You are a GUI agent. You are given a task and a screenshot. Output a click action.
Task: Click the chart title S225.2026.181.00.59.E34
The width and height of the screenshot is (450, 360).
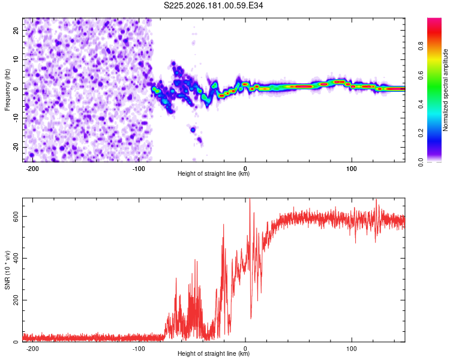213,5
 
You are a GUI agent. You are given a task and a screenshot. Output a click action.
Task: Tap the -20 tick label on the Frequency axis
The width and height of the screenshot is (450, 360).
16,147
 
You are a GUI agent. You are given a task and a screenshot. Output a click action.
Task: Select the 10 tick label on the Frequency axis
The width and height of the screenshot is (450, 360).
16,60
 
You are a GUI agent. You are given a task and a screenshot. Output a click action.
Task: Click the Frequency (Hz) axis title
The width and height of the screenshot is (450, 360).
7,90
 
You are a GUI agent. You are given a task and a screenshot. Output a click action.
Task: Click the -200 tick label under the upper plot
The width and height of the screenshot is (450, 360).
32,169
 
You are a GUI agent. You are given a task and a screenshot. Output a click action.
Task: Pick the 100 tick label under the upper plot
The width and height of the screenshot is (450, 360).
351,169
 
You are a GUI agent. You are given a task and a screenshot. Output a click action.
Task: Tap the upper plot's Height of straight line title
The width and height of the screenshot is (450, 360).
214,173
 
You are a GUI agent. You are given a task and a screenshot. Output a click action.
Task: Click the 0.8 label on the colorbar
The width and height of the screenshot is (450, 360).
421,46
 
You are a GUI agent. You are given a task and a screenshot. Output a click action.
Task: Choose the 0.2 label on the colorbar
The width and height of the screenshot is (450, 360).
421,133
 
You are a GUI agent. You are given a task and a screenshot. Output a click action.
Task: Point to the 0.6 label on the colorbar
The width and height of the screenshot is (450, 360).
421,75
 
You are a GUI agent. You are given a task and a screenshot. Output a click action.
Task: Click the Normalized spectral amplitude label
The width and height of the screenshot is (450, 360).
445,90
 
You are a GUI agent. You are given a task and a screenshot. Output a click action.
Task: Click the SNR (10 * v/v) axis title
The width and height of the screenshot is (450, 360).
7,270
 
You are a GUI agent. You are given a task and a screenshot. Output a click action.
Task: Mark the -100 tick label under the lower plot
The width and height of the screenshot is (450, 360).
139,349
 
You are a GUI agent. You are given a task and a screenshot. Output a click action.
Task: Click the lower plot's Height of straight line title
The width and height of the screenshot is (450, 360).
214,353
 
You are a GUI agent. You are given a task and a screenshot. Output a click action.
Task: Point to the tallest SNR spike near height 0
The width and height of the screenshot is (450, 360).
250,199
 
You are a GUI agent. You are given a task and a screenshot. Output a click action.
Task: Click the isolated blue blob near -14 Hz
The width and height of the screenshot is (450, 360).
193,130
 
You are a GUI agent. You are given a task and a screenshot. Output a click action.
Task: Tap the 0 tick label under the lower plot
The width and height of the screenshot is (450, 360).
245,349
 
